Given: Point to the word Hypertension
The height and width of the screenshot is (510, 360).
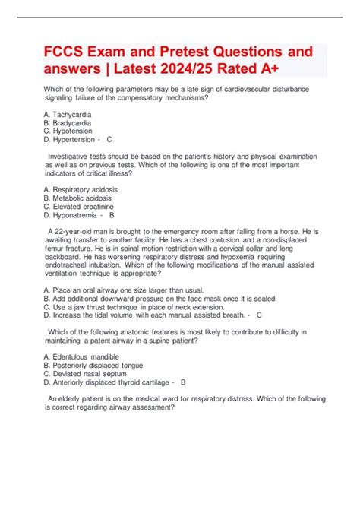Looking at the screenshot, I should pos(79,140).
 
